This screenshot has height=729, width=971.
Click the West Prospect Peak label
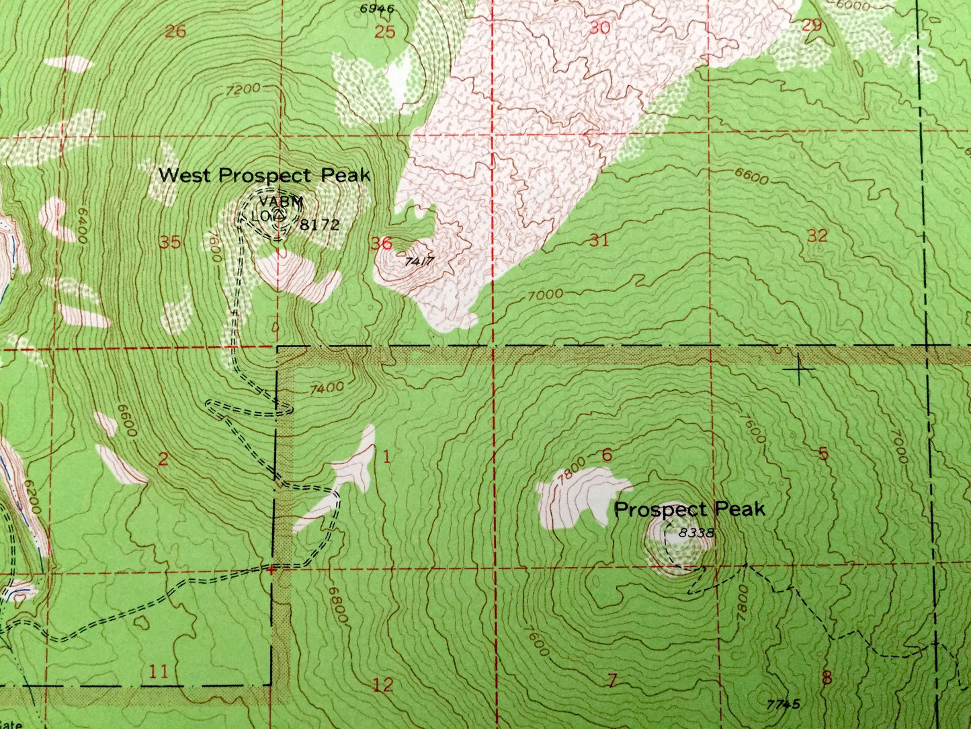(x=264, y=176)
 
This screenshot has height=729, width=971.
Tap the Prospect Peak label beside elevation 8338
(x=689, y=509)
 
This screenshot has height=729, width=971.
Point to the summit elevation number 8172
(x=320, y=225)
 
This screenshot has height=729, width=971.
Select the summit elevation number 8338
(x=695, y=533)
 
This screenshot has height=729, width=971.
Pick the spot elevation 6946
(x=376, y=9)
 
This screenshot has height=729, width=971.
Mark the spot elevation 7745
(x=783, y=704)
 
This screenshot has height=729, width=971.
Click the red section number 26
(x=175, y=30)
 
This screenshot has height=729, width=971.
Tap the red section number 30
(x=599, y=28)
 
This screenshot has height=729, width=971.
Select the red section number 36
(x=381, y=243)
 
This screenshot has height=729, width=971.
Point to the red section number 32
(x=817, y=235)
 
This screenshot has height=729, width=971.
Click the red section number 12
(x=382, y=685)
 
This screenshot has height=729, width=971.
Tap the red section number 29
(x=812, y=25)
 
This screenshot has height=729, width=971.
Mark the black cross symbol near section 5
(x=800, y=369)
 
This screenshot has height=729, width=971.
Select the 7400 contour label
(x=328, y=387)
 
